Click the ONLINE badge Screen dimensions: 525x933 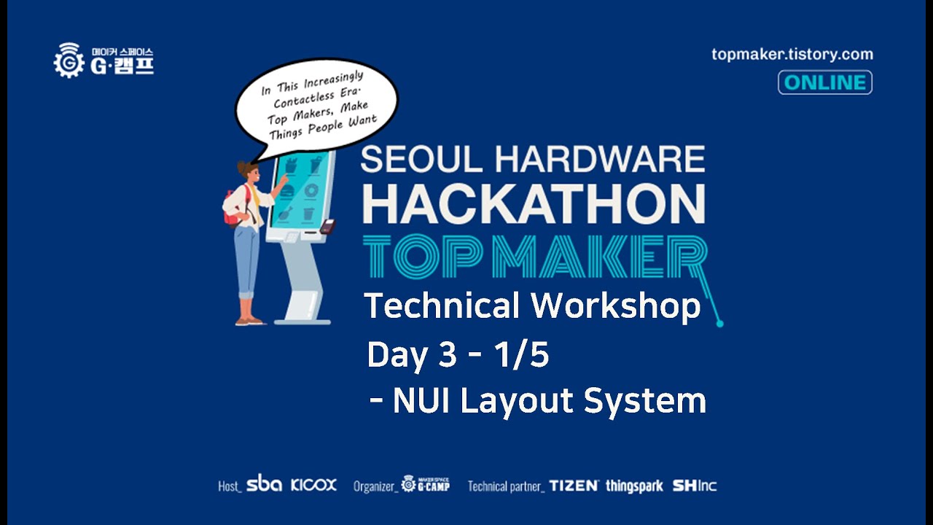[x=824, y=82]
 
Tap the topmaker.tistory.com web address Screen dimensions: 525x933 [x=792, y=54]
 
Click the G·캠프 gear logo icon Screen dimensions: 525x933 [x=69, y=61]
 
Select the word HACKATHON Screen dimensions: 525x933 [x=534, y=203]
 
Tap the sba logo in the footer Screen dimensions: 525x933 [x=264, y=484]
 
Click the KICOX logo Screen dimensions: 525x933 [x=313, y=485]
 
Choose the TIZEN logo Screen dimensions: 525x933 [x=574, y=486]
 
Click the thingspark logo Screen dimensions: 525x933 [x=634, y=486]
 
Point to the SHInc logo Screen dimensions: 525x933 [x=694, y=486]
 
